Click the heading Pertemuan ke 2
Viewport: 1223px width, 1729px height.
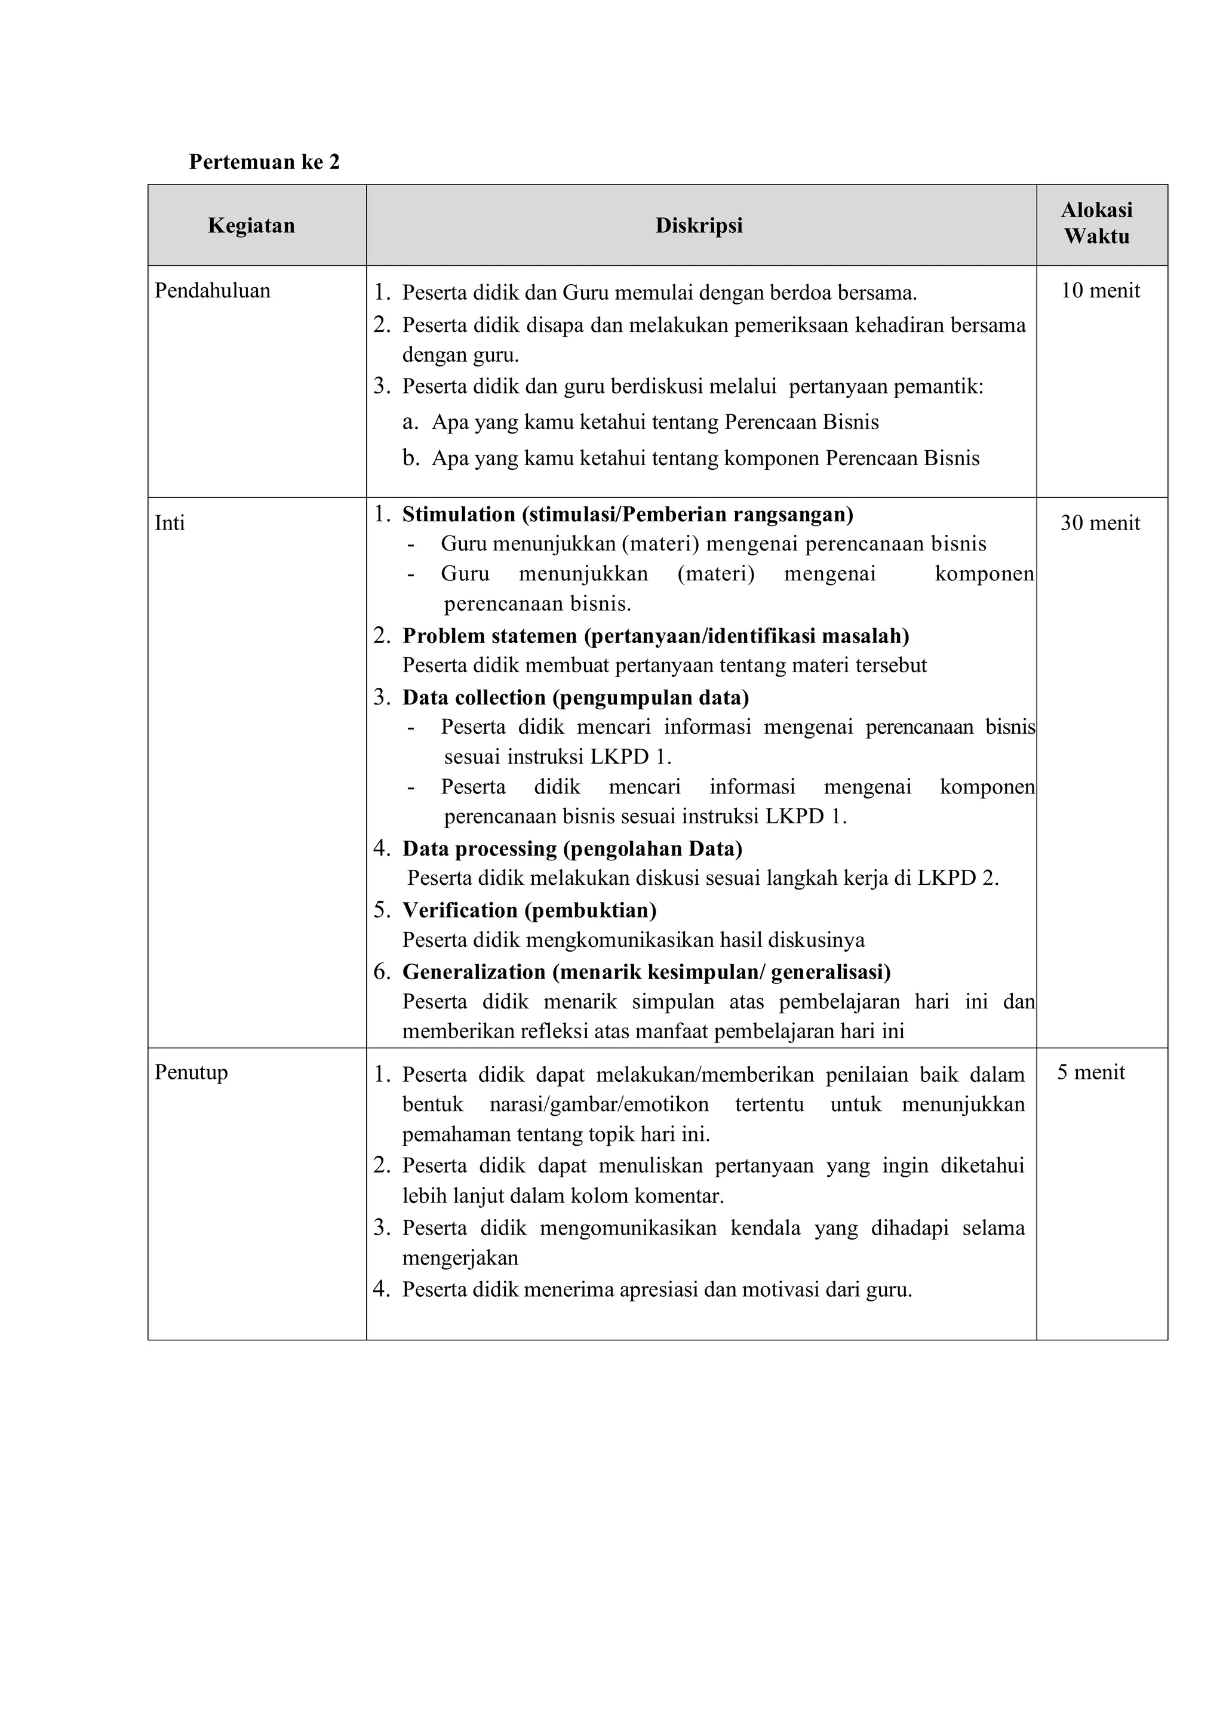[x=265, y=162]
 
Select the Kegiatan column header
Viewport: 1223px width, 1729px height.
[x=251, y=225]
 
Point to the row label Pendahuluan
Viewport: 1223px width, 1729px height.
[x=213, y=291]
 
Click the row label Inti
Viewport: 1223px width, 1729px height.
[x=170, y=522]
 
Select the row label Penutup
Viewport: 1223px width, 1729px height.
[x=191, y=1072]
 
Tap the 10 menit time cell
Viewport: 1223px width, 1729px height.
[x=1100, y=291]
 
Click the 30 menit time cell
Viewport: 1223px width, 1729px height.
[x=1100, y=522]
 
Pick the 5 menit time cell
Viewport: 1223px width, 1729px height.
[x=1090, y=1072]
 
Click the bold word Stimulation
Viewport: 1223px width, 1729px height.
[x=459, y=514]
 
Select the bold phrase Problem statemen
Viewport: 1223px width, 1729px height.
[x=490, y=636]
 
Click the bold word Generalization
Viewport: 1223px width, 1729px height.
[x=474, y=971]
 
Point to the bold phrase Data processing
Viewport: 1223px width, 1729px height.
[x=480, y=849]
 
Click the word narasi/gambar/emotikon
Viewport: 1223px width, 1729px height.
[x=599, y=1105]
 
